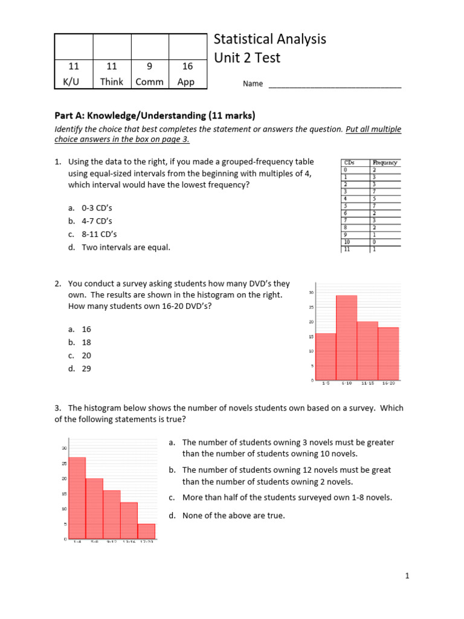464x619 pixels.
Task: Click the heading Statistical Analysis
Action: (x=270, y=39)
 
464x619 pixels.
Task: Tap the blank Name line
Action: (x=335, y=85)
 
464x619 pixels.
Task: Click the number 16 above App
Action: (x=187, y=66)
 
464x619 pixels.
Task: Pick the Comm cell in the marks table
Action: (x=149, y=82)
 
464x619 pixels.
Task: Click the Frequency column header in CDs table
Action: (x=385, y=163)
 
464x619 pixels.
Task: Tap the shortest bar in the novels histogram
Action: (x=146, y=531)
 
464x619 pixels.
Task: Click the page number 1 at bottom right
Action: (x=407, y=577)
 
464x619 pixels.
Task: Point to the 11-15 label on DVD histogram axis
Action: (x=369, y=383)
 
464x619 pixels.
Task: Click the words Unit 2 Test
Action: (x=247, y=59)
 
